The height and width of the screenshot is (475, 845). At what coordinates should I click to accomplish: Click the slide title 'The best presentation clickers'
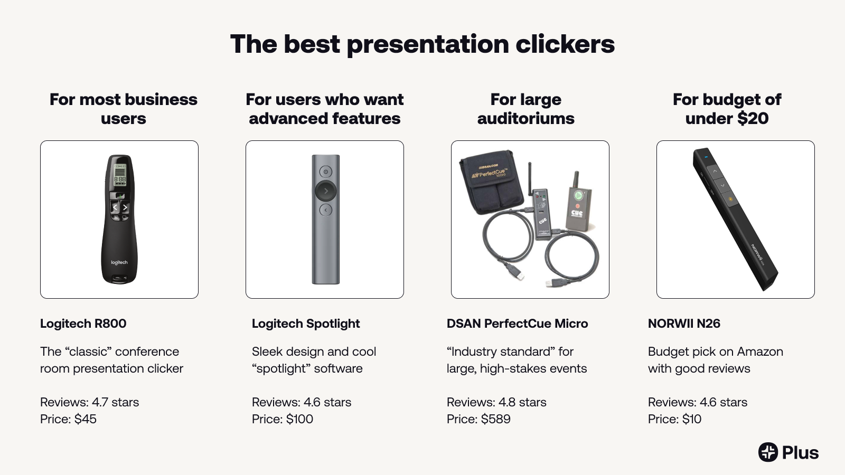coord(422,44)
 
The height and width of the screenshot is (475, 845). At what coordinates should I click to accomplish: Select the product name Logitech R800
coord(83,324)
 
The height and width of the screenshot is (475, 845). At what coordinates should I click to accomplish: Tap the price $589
coord(495,419)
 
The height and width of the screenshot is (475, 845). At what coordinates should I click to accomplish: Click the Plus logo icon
coord(768,452)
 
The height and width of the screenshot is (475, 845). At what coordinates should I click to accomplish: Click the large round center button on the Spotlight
coord(325,191)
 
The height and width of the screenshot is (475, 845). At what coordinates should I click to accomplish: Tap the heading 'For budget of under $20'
coord(727,109)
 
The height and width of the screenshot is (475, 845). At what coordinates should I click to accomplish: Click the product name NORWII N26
coord(684,324)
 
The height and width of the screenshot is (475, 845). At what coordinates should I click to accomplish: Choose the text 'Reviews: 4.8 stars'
coord(496,402)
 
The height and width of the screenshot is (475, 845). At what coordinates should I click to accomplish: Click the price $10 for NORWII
coord(691,419)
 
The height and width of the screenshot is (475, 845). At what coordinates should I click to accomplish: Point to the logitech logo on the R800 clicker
coord(119,262)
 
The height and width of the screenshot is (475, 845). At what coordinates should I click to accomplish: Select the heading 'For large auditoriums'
coord(525,109)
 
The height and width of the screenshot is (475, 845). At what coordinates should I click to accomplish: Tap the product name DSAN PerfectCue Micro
coord(517,324)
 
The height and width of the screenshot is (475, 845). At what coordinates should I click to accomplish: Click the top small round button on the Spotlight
coord(326,172)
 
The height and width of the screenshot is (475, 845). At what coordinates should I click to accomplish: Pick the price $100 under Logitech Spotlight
coord(299,419)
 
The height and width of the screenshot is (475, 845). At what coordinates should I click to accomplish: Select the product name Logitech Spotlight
coord(305,324)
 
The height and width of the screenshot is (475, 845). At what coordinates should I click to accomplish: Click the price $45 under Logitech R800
coord(85,419)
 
